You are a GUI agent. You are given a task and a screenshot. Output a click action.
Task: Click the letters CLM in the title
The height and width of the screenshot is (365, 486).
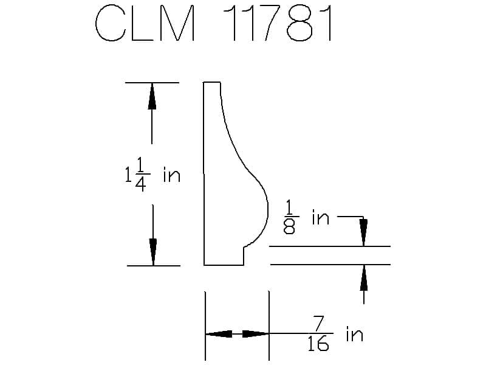145,23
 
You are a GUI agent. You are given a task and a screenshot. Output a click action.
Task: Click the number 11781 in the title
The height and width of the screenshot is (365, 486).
278,23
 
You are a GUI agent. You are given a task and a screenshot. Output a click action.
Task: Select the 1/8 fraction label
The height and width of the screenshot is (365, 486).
290,217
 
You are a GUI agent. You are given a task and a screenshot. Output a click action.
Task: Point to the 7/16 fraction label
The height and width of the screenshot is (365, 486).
318,333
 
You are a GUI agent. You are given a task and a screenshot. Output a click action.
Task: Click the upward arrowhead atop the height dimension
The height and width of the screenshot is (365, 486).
151,96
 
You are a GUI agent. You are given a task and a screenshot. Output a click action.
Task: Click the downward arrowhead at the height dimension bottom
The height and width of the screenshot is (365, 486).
153,252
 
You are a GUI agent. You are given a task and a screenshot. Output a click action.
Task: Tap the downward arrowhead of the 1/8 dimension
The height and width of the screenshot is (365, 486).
363,232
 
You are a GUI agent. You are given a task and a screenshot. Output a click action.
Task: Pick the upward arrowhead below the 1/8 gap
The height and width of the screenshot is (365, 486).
363,278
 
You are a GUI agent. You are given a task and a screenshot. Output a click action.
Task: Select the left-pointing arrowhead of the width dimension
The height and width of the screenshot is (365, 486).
219,334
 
